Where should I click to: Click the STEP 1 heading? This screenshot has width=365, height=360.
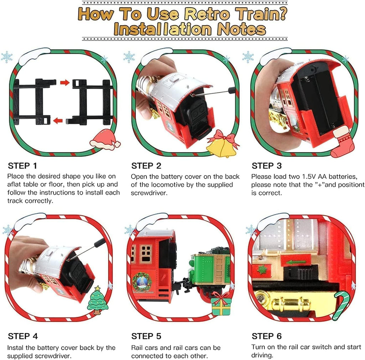(x=22, y=166)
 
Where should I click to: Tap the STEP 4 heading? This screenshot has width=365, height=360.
(x=22, y=336)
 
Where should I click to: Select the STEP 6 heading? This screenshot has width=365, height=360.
(x=267, y=336)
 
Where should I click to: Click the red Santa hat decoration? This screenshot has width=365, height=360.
(x=104, y=140)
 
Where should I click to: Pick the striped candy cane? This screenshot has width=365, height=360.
(x=340, y=304)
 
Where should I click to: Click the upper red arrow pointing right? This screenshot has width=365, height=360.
(x=65, y=83)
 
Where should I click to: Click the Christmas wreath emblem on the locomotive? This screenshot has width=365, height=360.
(x=142, y=281)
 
